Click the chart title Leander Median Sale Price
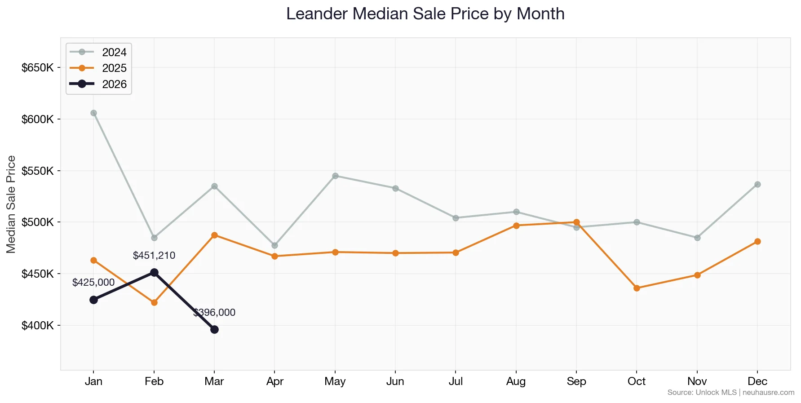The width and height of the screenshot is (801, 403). pyautogui.click(x=425, y=14)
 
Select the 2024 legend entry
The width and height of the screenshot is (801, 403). pyautogui.click(x=114, y=52)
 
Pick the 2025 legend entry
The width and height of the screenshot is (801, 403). pyautogui.click(x=114, y=68)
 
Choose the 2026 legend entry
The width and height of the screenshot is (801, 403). pyautogui.click(x=114, y=84)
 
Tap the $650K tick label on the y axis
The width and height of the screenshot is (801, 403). pyautogui.click(x=38, y=68)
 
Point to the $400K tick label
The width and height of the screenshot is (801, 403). pyautogui.click(x=38, y=325)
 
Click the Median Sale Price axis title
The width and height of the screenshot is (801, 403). pyautogui.click(x=11, y=204)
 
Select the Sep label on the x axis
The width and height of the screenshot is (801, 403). pyautogui.click(x=576, y=381)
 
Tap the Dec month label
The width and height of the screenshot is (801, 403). pyautogui.click(x=757, y=381)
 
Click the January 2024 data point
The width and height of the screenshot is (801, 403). pyautogui.click(x=93, y=113)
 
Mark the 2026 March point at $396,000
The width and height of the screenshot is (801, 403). pyautogui.click(x=214, y=329)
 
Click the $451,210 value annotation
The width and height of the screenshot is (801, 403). pyautogui.click(x=154, y=256)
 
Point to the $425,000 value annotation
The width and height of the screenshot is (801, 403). pyautogui.click(x=93, y=283)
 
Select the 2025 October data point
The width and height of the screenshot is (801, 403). pyautogui.click(x=637, y=288)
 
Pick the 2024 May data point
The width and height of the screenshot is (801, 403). pyautogui.click(x=335, y=176)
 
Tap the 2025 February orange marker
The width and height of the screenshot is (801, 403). pyautogui.click(x=154, y=303)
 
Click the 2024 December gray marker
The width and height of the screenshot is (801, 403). pyautogui.click(x=757, y=184)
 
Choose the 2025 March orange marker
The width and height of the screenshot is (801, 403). pyautogui.click(x=214, y=235)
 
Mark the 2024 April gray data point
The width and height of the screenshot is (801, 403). pyautogui.click(x=274, y=245)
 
